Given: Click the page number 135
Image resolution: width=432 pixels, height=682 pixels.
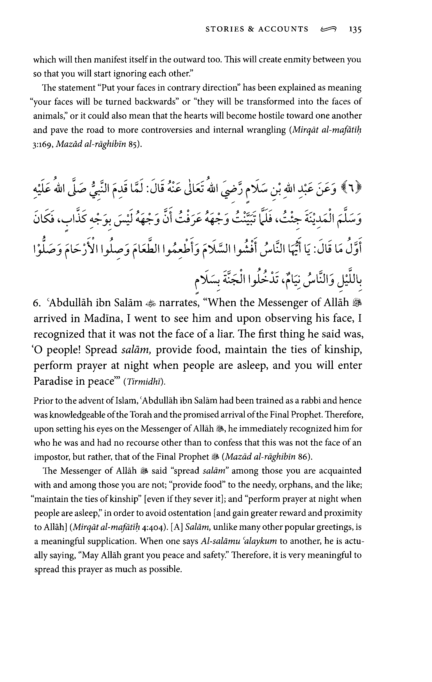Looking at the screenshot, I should point(355,30).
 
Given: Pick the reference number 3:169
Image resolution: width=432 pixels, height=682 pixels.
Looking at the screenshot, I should point(43,145).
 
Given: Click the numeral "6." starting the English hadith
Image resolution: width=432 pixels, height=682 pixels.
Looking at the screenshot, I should point(37,303).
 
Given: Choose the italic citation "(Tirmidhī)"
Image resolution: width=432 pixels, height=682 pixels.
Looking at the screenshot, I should point(144,382).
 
